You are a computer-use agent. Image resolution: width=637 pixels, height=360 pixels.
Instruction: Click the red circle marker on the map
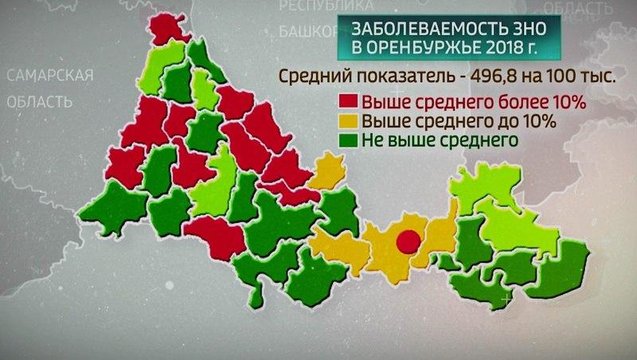tap(408, 240)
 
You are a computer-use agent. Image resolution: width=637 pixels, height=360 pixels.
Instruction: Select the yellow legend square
tap(349, 123)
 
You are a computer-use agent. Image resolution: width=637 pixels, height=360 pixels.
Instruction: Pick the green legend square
tap(349, 141)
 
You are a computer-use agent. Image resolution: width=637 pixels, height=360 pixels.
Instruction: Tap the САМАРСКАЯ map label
tap(49, 76)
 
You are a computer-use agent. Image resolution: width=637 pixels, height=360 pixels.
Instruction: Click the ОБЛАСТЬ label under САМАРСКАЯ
tap(39, 102)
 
